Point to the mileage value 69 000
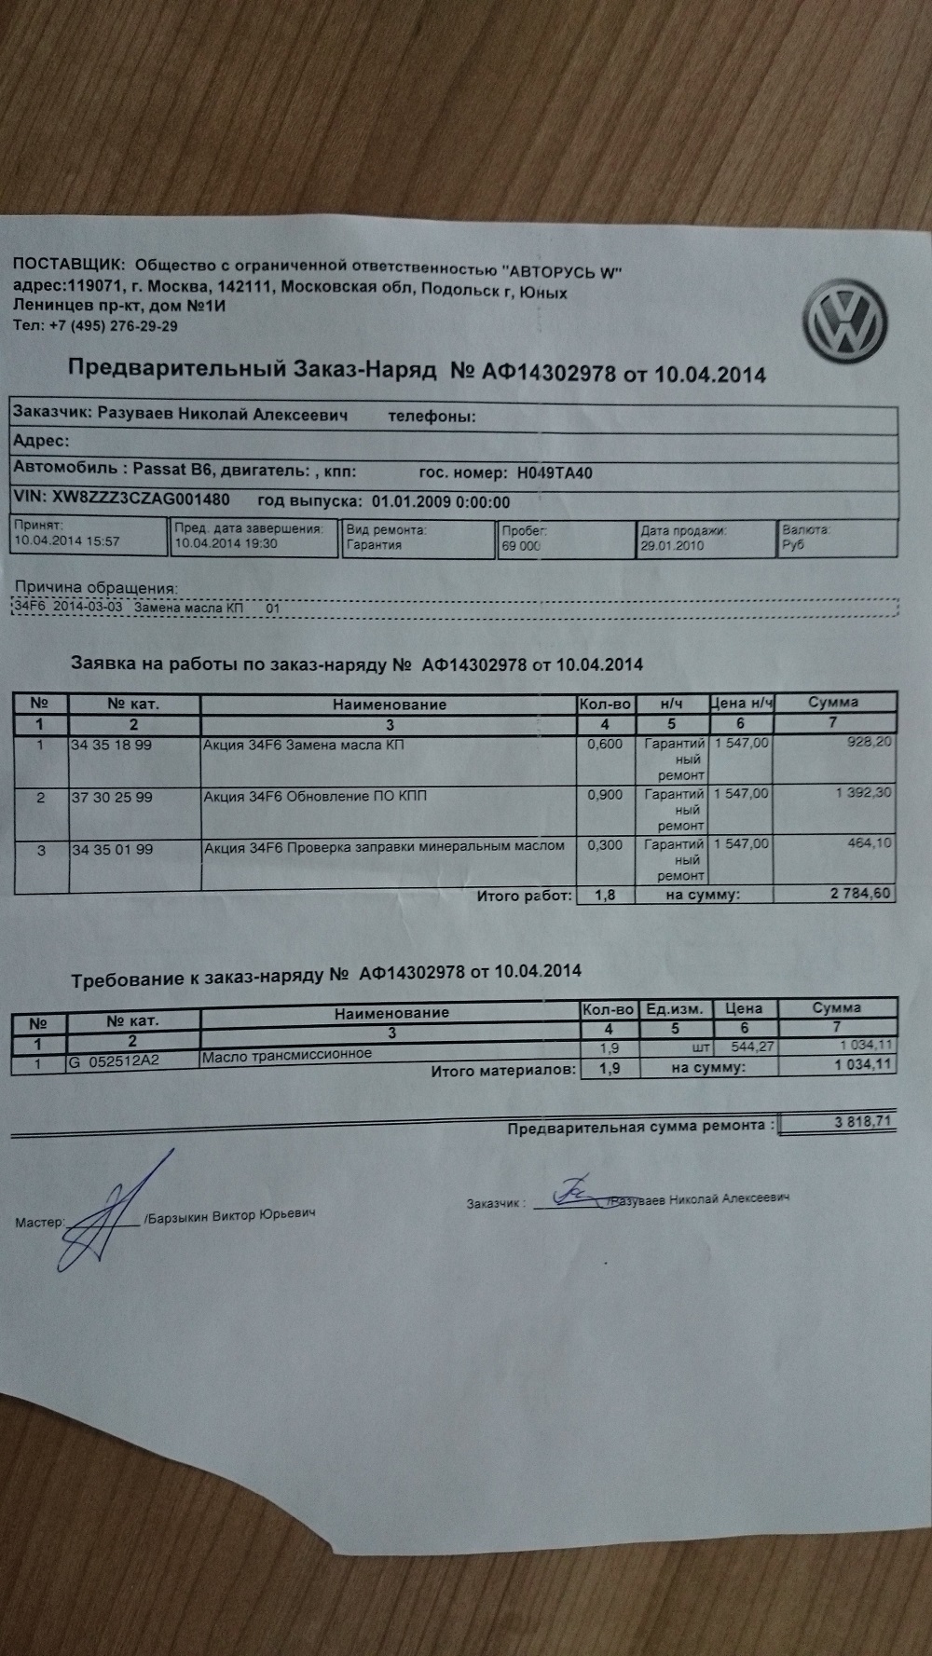[521, 546]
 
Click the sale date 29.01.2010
[672, 545]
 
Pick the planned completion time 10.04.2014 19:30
[226, 543]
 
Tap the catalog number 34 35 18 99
[112, 746]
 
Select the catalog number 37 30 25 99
[112, 798]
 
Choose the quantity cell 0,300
[605, 845]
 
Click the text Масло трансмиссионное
[287, 1054]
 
